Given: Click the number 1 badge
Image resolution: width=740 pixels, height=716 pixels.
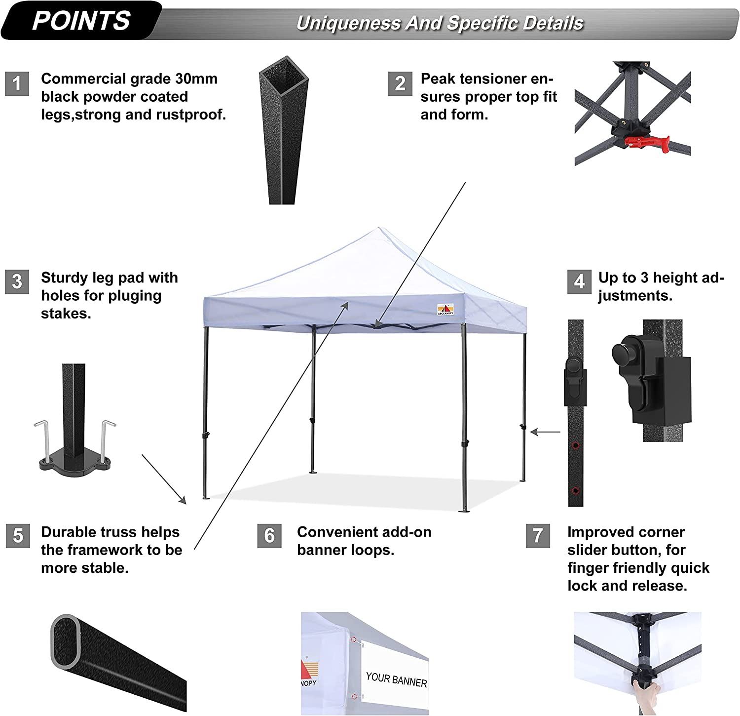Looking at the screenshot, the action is pos(17,83).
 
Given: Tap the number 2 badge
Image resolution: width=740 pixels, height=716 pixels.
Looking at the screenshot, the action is pos(400,83).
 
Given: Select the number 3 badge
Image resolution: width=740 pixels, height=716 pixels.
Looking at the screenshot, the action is pos(17,281).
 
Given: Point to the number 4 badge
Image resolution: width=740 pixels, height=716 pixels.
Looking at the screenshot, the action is pos(579,281).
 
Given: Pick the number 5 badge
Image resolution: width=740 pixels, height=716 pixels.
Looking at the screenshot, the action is pos(18,536).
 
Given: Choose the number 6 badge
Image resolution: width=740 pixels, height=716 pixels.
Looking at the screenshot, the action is pos(269,536).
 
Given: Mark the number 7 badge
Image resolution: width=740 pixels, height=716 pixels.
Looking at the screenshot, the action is pos(538,536).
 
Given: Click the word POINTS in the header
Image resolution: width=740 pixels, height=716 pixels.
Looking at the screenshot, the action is pos(81,21).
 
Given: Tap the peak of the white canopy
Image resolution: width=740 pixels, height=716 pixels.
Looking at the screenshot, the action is pos(379,229).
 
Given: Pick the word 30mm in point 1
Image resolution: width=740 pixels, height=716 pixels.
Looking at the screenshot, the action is pos(196,79).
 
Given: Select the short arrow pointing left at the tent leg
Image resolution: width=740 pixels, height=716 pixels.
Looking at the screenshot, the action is pos(546,433).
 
